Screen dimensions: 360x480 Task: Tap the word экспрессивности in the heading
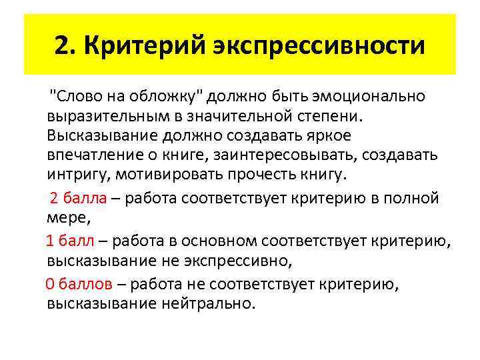point(319,45)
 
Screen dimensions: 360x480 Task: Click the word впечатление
point(90,155)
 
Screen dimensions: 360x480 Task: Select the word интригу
point(73,175)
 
